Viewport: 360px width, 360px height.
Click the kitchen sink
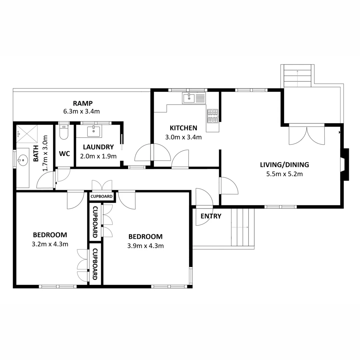194,98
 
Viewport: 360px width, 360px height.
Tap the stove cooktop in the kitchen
213,116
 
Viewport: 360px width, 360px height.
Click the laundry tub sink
94,131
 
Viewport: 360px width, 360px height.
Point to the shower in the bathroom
27,134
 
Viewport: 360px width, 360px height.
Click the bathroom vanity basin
23,160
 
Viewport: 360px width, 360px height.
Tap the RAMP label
83,103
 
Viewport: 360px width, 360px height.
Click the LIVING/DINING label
284,165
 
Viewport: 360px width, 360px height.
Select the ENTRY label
211,216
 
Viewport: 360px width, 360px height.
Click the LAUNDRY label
98,147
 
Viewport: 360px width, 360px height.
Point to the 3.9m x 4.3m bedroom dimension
146,246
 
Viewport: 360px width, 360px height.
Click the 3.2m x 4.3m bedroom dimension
50,244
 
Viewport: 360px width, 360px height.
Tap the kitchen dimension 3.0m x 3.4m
183,137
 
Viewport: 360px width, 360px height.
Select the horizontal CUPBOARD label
101,196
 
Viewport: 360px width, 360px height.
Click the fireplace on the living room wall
345,164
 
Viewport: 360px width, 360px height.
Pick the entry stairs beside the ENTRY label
243,227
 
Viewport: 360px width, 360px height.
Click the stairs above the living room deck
298,76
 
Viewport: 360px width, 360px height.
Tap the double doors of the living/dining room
307,135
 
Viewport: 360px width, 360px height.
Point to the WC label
65,154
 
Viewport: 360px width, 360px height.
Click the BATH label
36,154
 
